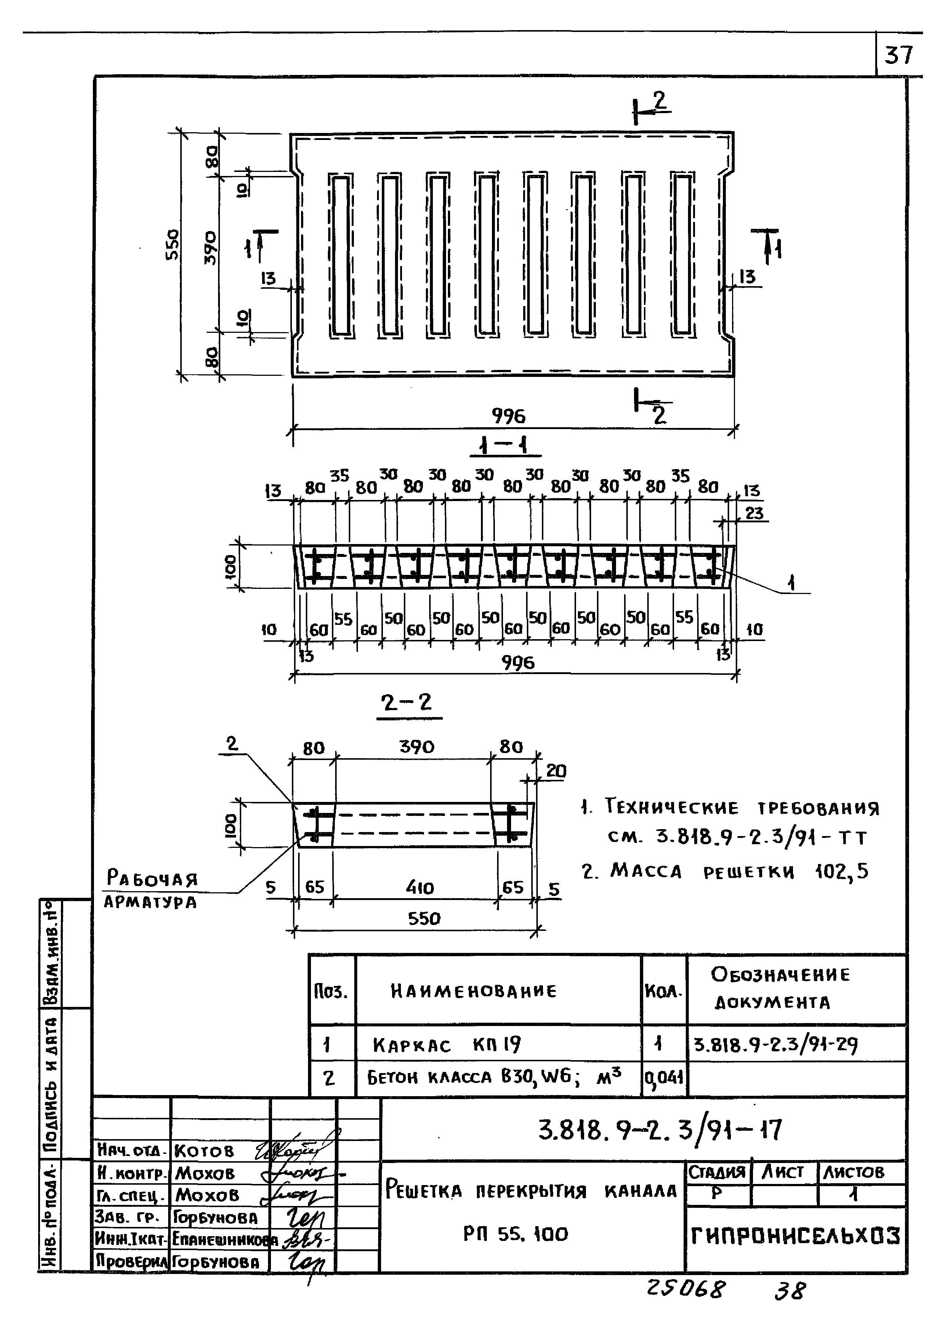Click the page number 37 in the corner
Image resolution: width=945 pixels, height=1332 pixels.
[x=899, y=56]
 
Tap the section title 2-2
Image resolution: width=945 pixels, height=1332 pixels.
[x=407, y=703]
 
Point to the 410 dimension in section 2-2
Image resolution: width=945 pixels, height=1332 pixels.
[x=420, y=888]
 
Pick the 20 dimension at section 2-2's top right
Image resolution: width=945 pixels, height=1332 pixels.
[x=556, y=771]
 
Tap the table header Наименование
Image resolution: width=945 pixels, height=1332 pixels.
[x=473, y=991]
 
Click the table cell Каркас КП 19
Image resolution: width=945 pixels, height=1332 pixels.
[x=447, y=1045]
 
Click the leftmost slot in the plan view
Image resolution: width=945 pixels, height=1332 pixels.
[x=341, y=255]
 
